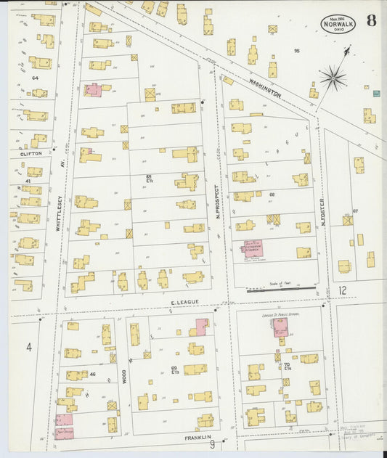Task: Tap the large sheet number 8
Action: pos(371,20)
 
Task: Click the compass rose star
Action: pos(333,77)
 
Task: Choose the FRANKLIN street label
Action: pos(197,437)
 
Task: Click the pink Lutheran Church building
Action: pos(252,249)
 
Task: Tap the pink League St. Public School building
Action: pos(280,327)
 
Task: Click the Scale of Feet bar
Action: pos(281,289)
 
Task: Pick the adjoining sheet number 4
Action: pos(29,348)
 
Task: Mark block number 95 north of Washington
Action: pos(296,51)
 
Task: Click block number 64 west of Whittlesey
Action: pos(34,76)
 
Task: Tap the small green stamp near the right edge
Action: pos(376,94)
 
